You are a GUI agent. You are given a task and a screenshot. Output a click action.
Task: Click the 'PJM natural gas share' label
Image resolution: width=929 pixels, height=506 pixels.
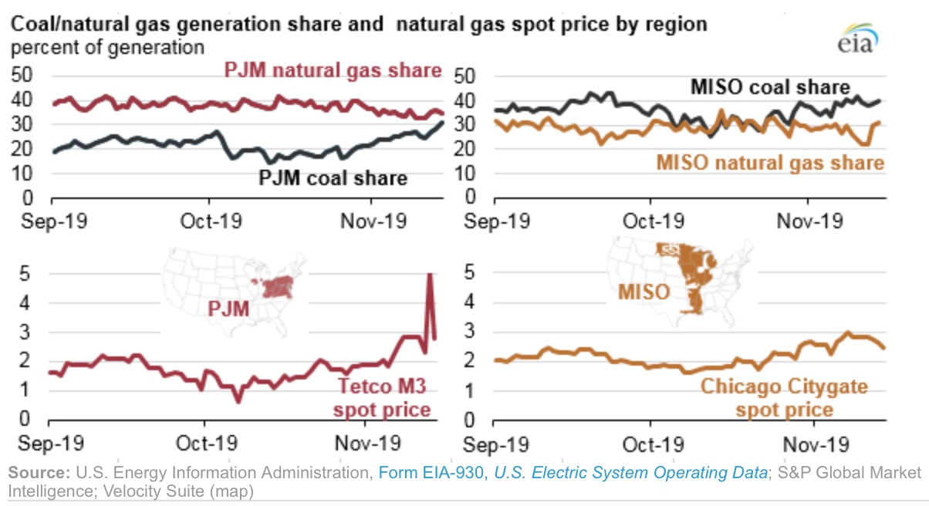[x=333, y=70]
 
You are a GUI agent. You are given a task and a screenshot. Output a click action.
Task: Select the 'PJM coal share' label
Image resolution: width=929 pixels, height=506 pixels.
[x=333, y=179]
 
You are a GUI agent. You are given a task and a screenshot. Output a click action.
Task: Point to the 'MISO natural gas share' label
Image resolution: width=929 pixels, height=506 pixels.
[x=769, y=163]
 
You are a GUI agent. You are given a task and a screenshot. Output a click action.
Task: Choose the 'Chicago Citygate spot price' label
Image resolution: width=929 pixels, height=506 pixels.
[x=783, y=397]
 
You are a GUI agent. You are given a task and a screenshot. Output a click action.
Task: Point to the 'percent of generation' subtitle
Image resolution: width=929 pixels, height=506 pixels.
[x=107, y=47]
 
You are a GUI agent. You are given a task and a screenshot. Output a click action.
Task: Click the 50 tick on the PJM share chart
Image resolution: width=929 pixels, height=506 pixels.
[x=25, y=76]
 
